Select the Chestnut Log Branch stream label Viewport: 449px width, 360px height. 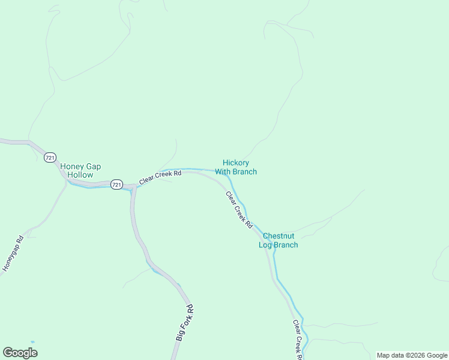(279, 241)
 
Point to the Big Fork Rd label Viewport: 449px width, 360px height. (184, 323)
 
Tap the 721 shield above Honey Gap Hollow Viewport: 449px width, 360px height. (50, 157)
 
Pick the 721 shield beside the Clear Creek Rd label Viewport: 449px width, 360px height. (116, 185)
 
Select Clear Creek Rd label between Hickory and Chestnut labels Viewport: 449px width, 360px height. (239, 209)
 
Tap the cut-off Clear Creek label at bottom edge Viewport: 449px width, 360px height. (297, 340)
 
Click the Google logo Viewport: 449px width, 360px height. (20, 353)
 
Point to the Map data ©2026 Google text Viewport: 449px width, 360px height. (412, 355)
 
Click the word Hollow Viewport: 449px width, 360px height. (80, 175)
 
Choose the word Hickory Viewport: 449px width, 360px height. (236, 163)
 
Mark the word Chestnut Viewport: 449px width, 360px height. (279, 236)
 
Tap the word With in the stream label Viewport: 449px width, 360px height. (223, 172)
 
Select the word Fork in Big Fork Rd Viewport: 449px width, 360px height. (185, 322)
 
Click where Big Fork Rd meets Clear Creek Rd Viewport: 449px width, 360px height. (133, 188)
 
